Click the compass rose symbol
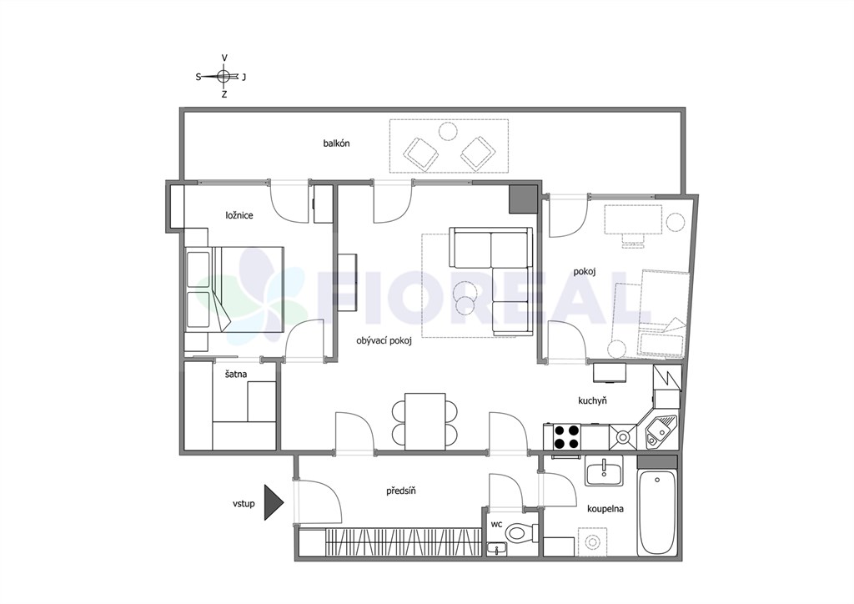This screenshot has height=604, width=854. click(x=224, y=76)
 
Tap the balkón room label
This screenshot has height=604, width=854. click(x=336, y=143)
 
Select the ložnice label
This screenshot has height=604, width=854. click(x=239, y=215)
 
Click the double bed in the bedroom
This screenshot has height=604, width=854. click(x=234, y=289)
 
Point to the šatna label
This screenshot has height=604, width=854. click(x=236, y=375)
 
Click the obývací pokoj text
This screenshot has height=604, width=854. click(x=384, y=341)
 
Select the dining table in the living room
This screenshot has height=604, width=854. click(x=424, y=421)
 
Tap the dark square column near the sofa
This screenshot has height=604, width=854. click(x=523, y=199)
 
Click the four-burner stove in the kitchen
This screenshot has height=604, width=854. click(x=566, y=437)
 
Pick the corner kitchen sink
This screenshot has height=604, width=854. click(x=661, y=430)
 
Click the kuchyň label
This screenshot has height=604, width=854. click(x=592, y=400)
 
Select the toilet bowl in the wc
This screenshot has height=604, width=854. click(x=518, y=531)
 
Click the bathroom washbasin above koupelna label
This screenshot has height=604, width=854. click(x=604, y=471)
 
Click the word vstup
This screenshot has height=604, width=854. click(x=244, y=504)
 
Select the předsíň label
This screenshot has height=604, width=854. click(x=401, y=491)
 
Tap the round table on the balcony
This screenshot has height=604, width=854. click(x=448, y=131)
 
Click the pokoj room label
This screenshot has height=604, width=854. click(x=584, y=271)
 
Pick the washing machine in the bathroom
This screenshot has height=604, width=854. click(x=593, y=542)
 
